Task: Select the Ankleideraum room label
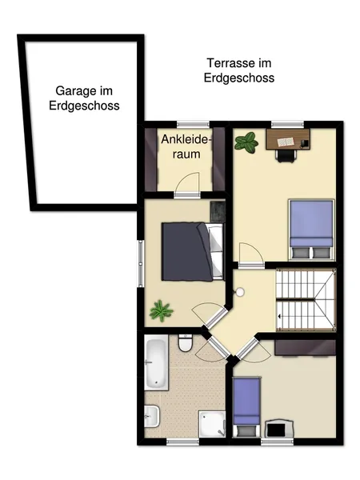186,146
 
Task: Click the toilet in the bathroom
186,343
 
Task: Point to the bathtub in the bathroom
156,362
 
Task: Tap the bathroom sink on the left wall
151,416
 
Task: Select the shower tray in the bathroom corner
212,424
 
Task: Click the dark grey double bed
193,252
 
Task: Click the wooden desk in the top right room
288,139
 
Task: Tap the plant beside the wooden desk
246,142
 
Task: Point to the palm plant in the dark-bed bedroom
161,310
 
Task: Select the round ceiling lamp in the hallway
240,292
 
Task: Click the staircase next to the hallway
306,300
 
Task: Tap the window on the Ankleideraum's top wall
193,124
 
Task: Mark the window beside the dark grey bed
141,263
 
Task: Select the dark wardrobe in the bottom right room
306,348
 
